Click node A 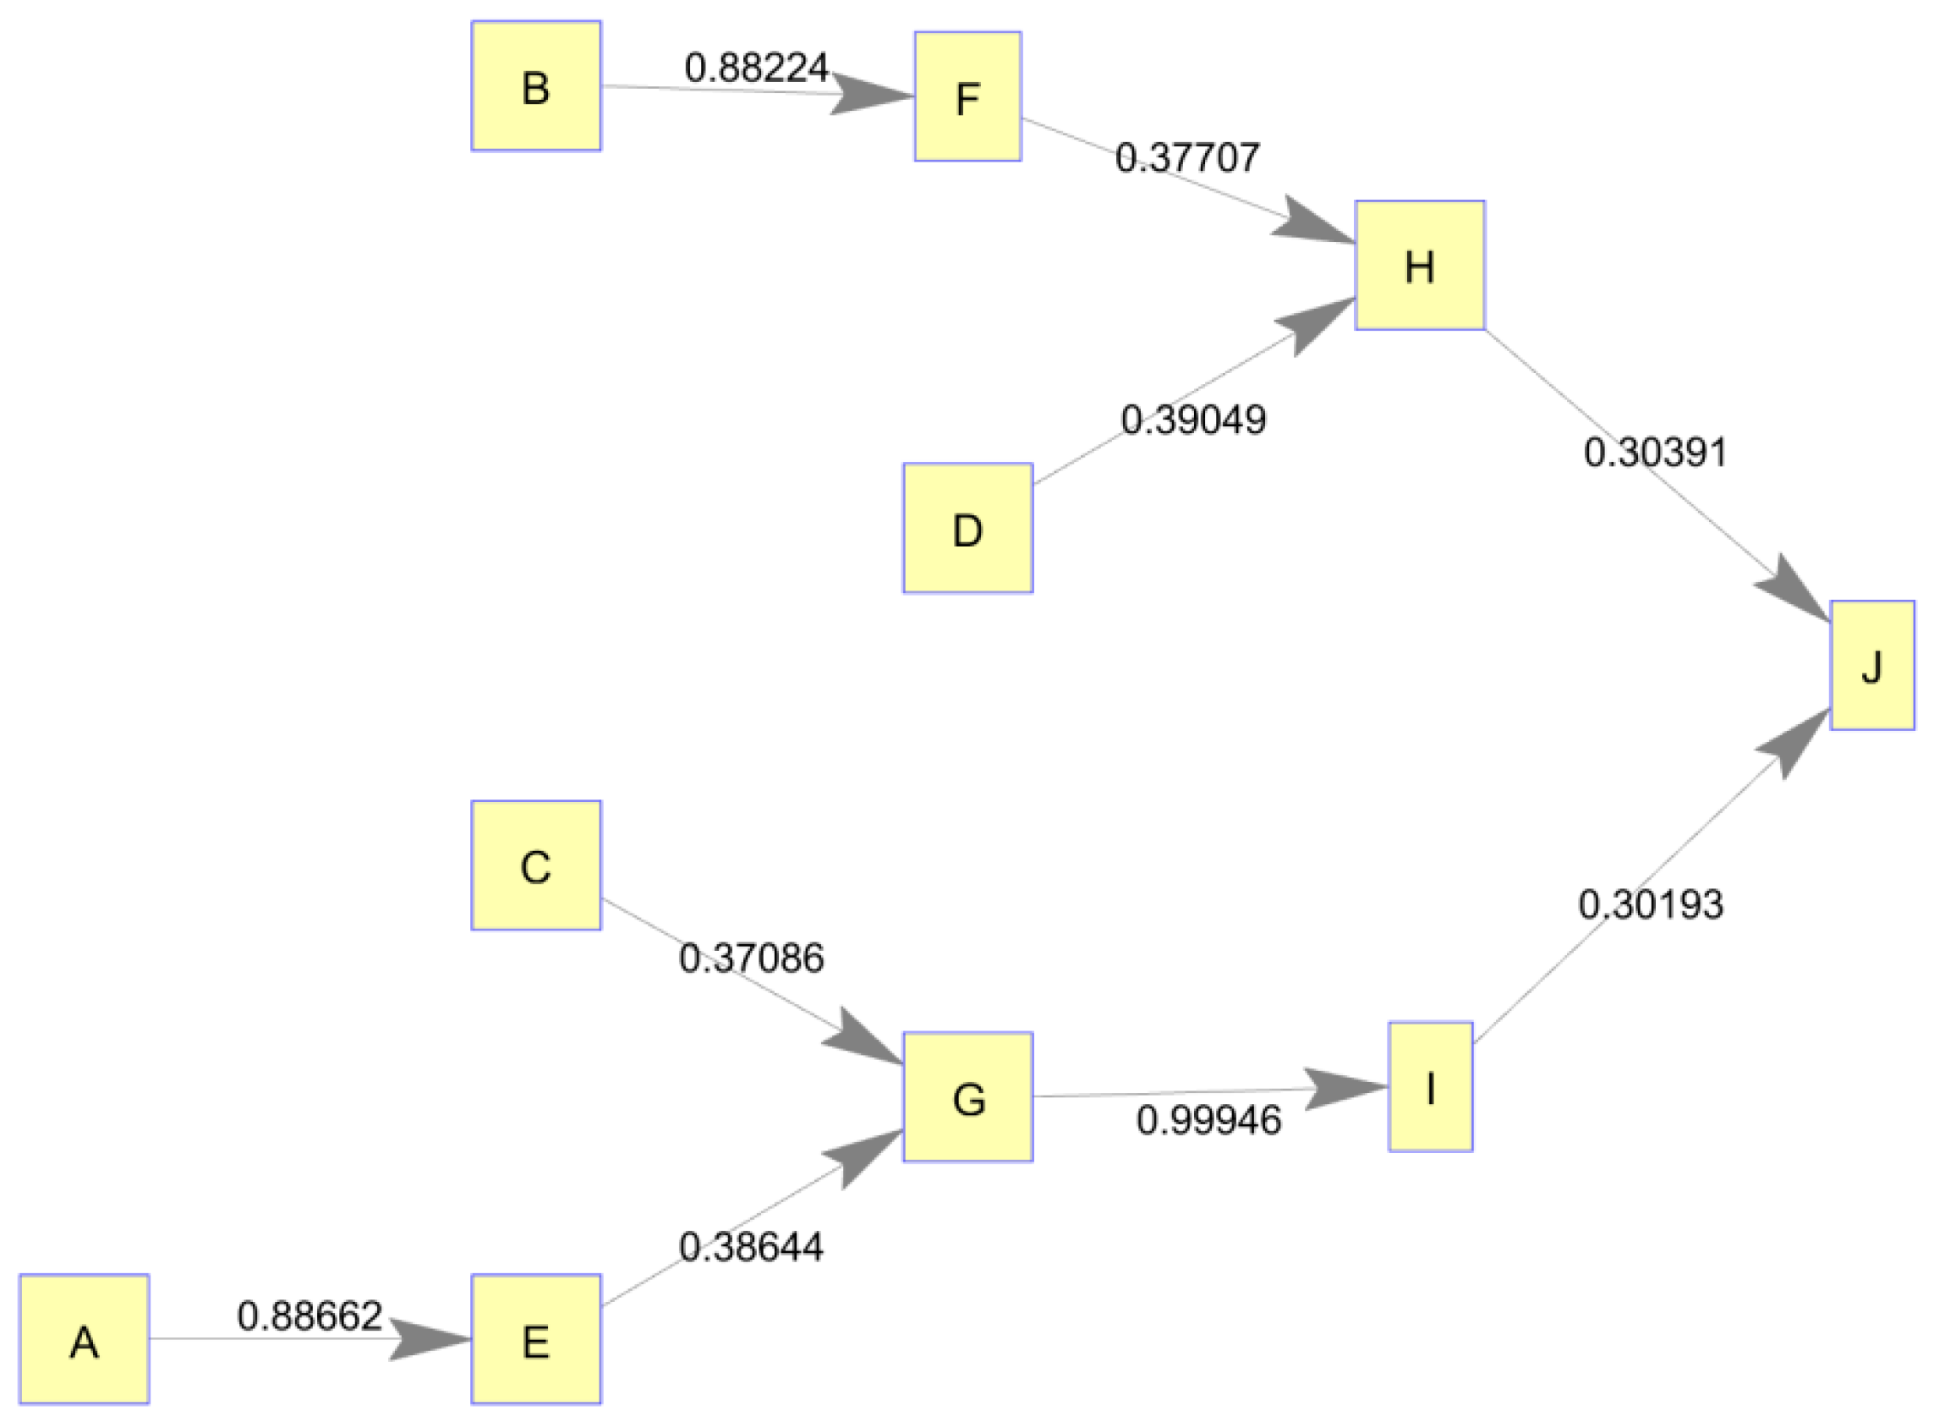[84, 1341]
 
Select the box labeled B [536, 86]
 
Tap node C [536, 866]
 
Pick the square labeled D [968, 528]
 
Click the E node [536, 1341]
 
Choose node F [968, 96]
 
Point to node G [968, 1098]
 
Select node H [1420, 266]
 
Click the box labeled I [1430, 1087]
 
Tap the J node [1871, 666]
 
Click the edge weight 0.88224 [756, 68]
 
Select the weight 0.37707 [1187, 157]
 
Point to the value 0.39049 [1193, 420]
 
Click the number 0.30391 [1655, 453]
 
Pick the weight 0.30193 [1651, 905]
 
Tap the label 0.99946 [1208, 1120]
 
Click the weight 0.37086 [751, 958]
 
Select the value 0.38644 [751, 1246]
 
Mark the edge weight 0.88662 [310, 1315]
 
